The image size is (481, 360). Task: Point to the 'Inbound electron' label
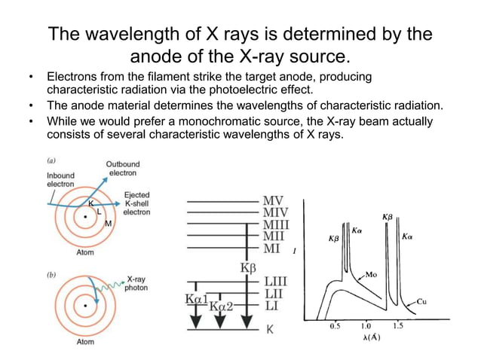point(56,180)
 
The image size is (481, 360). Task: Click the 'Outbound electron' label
point(121,169)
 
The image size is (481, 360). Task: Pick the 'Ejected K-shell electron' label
point(136,204)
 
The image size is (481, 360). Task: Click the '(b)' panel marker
point(52,276)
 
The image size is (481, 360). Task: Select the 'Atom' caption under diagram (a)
point(85,253)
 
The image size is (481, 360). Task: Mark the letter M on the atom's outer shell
point(108,224)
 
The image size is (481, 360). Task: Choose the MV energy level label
point(273,201)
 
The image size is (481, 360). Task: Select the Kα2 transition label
point(221,306)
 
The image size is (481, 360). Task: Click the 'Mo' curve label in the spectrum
point(372,273)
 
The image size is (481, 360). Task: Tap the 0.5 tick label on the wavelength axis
point(335,326)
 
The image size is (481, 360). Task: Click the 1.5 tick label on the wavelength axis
point(397,326)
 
